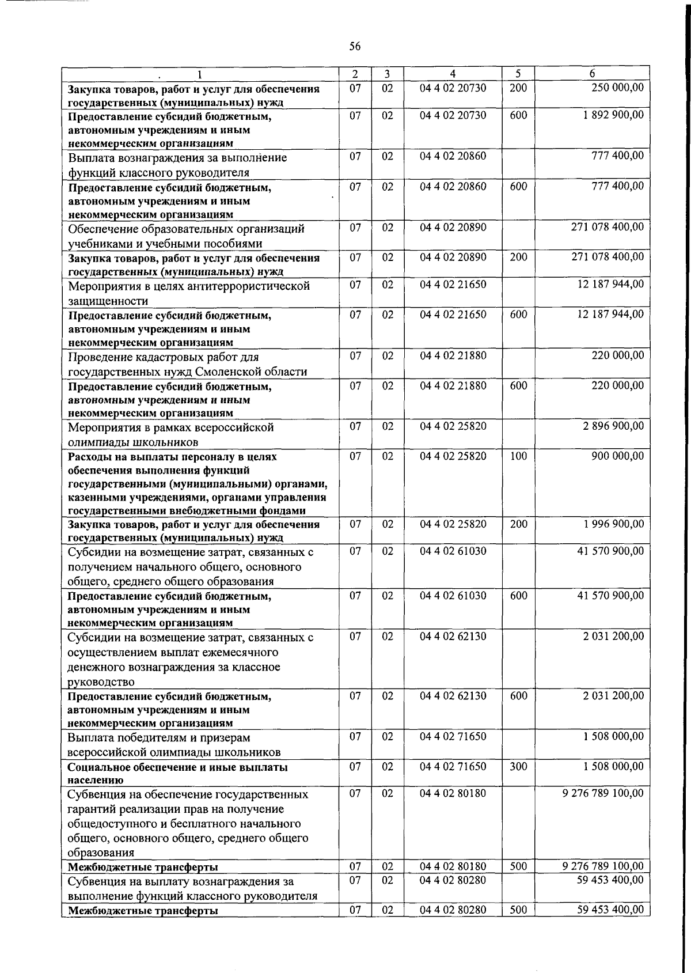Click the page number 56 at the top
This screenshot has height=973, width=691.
355,47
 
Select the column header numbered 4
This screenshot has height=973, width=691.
453,74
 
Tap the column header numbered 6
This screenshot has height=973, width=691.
592,74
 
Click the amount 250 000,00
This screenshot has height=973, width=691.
617,88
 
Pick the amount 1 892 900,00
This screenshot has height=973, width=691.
613,115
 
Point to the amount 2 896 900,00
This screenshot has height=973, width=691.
613,427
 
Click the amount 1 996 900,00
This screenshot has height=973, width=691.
613,524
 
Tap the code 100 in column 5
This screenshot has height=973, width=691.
518,456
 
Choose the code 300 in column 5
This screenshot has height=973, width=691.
518,767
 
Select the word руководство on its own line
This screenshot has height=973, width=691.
101,683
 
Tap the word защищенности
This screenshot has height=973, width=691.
108,301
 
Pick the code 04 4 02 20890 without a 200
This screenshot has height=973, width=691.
453,228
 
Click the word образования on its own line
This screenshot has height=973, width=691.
101,853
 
